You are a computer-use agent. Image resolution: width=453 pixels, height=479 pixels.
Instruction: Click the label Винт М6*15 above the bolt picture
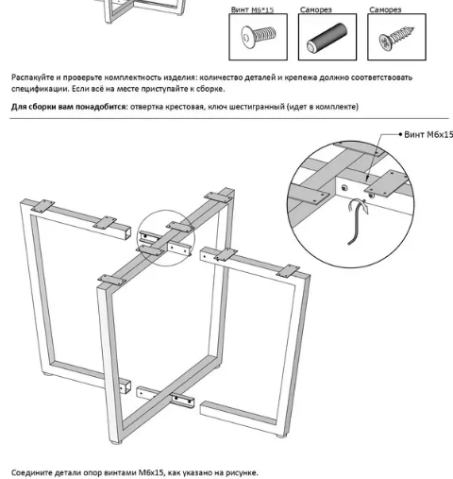click(253, 9)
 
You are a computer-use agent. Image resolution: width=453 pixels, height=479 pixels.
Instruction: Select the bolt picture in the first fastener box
click(257, 39)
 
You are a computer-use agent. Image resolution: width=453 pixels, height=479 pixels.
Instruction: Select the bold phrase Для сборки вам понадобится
click(69, 107)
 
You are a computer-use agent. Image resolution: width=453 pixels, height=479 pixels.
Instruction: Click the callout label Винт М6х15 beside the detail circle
click(428, 135)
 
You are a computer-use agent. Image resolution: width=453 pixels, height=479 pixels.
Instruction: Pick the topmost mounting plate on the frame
click(218, 196)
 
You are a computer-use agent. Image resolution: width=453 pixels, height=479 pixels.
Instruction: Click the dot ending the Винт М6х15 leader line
click(399, 135)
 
